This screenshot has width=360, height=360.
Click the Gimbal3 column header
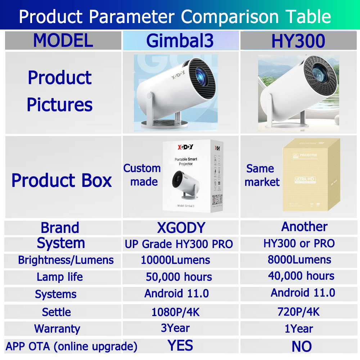[180, 41]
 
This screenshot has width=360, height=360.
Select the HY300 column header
[298, 41]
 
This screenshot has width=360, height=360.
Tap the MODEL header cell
[63, 40]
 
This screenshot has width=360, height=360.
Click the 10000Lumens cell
[175, 260]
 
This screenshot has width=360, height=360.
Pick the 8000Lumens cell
[300, 259]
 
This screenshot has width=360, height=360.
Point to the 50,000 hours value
[179, 277]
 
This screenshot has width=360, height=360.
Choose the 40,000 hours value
[301, 276]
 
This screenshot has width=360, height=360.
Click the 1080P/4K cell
[175, 312]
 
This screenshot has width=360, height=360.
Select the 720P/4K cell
[298, 311]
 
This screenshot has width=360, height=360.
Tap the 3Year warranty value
[175, 328]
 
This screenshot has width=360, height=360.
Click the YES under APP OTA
[180, 346]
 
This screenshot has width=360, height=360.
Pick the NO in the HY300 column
[302, 346]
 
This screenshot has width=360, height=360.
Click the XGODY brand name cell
[181, 228]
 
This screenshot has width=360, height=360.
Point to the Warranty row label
[57, 329]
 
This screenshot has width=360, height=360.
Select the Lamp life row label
[60, 277]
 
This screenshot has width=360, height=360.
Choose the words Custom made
[142, 175]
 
